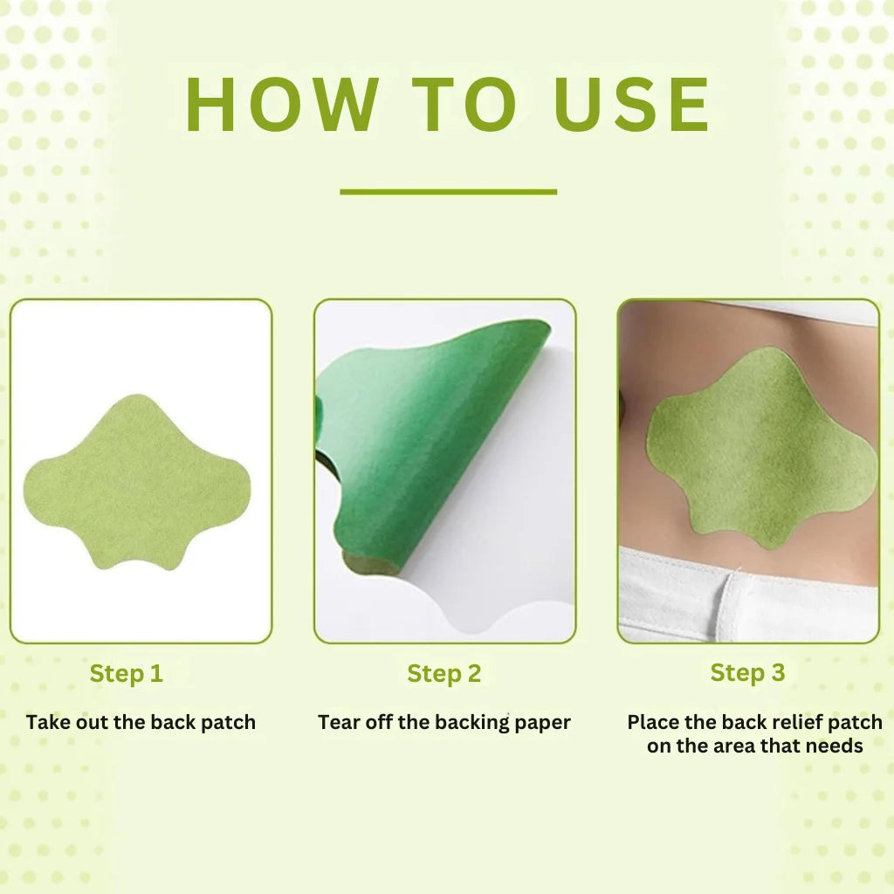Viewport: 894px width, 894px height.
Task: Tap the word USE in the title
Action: (633, 106)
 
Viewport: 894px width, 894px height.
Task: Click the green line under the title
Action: (448, 191)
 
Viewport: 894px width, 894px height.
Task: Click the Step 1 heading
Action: (127, 673)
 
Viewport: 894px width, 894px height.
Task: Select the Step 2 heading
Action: (444, 673)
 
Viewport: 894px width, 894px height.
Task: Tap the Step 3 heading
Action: (747, 672)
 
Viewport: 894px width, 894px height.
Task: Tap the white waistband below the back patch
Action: (751, 594)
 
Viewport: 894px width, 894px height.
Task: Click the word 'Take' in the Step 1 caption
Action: (46, 722)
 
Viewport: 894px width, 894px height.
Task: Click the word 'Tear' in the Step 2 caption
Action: (337, 722)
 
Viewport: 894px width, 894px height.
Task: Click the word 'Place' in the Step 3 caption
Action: (652, 722)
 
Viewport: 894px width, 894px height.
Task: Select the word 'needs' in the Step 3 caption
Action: (835, 746)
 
